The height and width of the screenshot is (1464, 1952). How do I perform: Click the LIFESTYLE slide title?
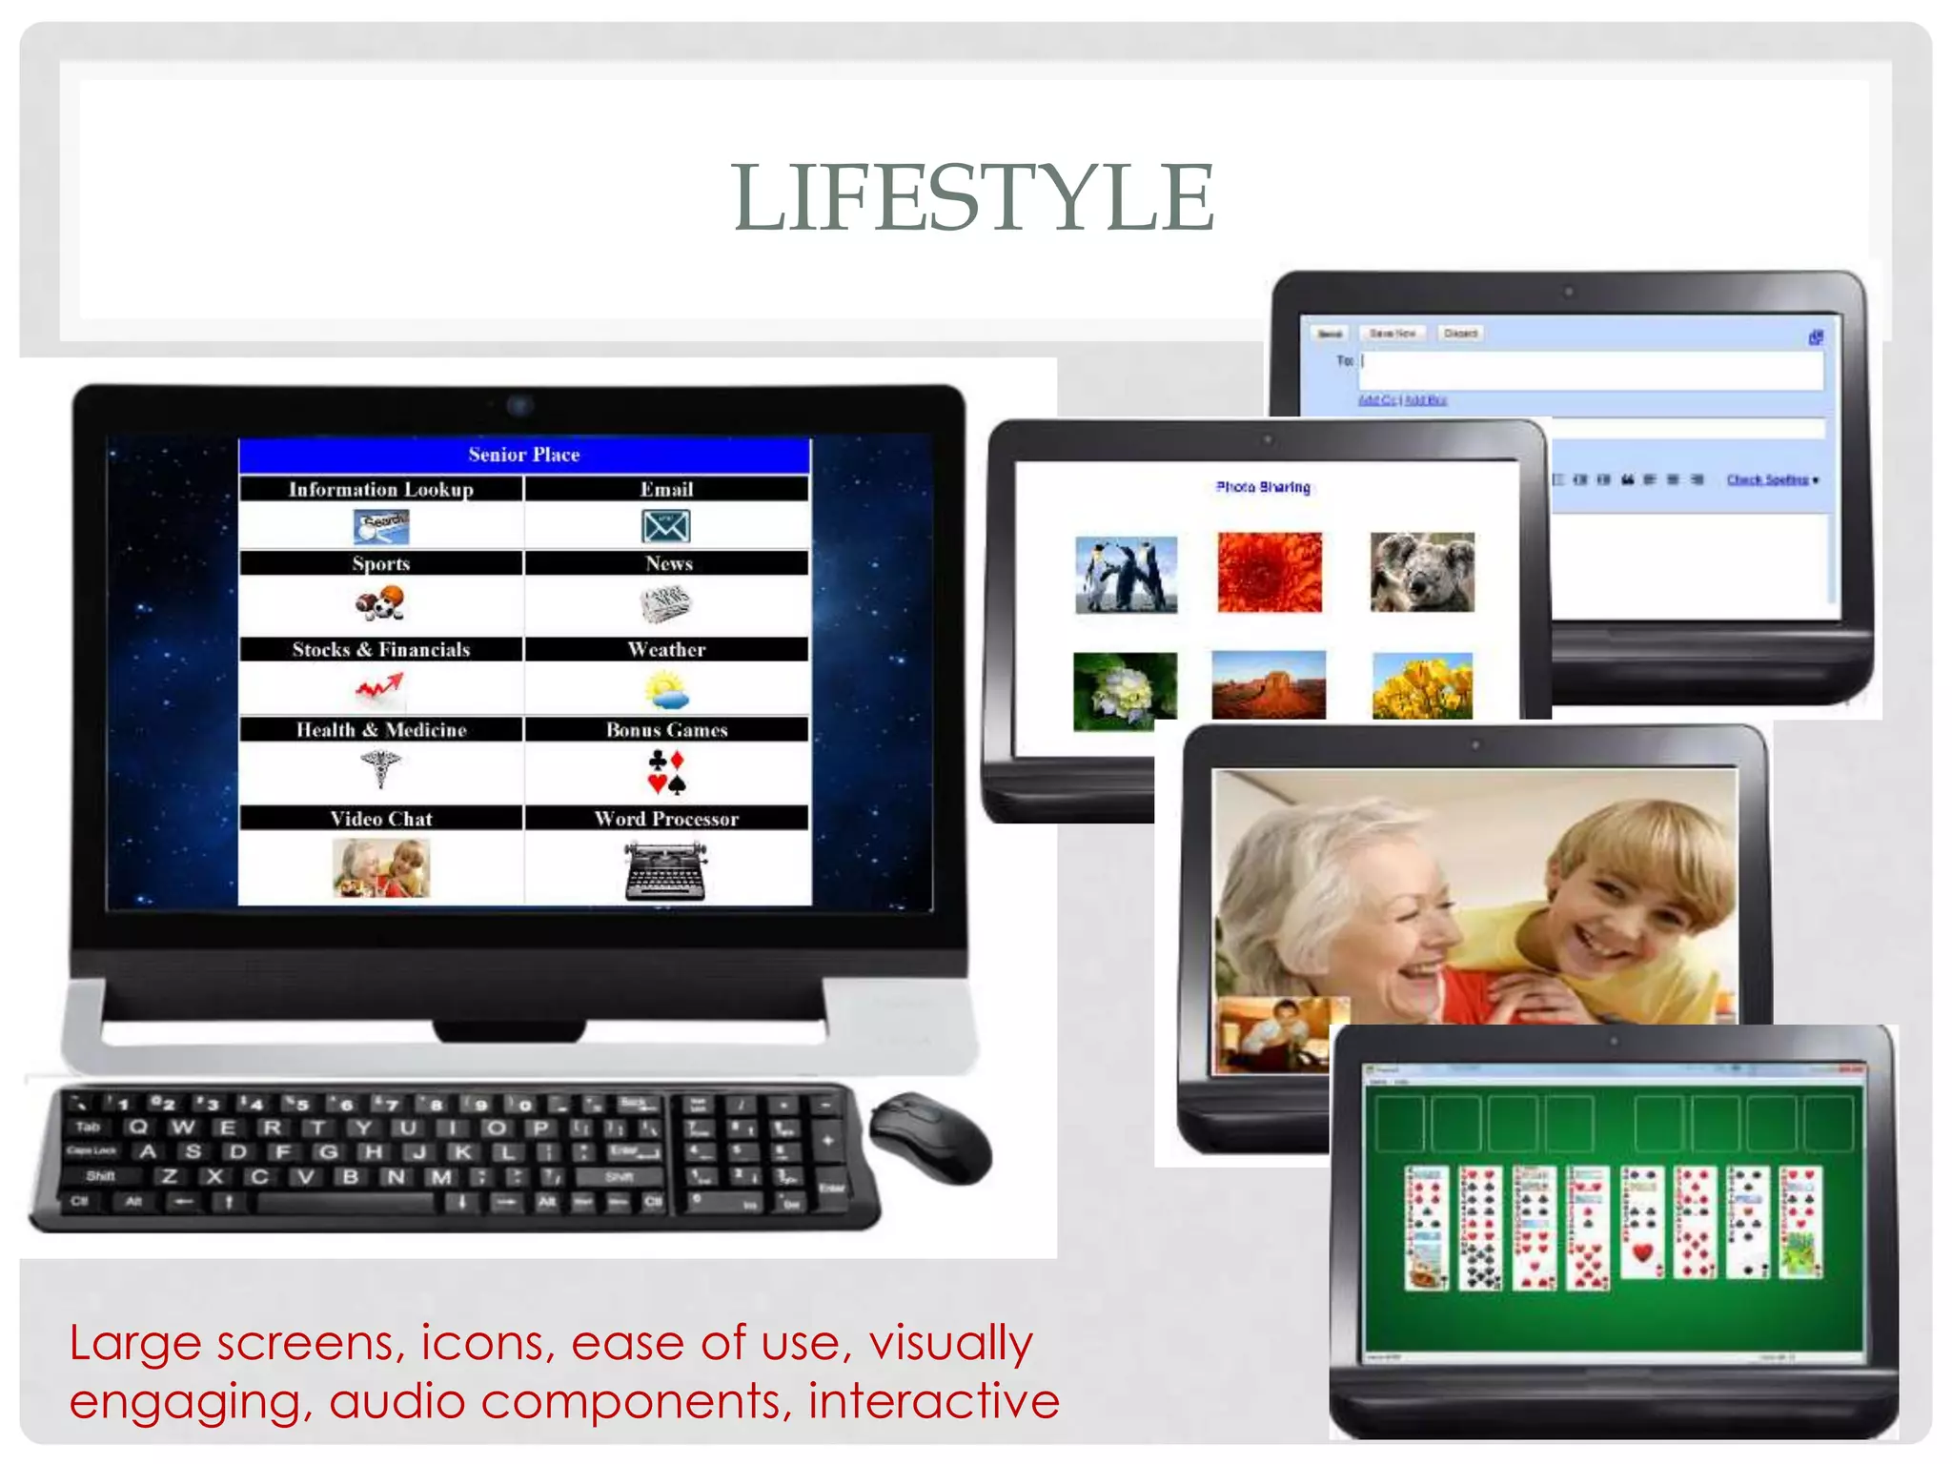coord(973,197)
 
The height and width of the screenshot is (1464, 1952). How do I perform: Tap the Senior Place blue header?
coord(524,455)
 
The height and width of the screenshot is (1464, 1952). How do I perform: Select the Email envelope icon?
coord(665,526)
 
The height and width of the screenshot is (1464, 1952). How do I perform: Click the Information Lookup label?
coord(381,489)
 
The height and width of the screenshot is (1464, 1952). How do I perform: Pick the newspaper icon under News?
coord(665,603)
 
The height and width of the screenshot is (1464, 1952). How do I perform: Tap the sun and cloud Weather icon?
coord(665,689)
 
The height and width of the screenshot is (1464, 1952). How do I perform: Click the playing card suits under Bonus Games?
coord(666,771)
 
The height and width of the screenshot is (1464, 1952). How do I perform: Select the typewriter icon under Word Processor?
coord(665,869)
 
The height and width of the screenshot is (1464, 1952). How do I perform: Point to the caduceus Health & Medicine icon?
coord(380,767)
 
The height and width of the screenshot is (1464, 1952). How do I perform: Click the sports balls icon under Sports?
coord(379,603)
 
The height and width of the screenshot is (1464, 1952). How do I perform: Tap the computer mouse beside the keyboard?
coord(930,1139)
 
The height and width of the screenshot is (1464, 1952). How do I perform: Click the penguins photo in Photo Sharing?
coord(1126,574)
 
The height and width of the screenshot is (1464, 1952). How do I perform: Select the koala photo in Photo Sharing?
coord(1422,572)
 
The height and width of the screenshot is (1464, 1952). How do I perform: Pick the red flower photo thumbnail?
coord(1270,572)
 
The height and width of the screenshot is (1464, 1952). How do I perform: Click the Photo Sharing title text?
coord(1263,487)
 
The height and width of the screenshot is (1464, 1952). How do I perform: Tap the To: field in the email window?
coord(1592,370)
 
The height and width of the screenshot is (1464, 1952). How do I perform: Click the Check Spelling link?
coord(1770,479)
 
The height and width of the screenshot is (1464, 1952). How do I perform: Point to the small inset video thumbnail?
coord(1274,1035)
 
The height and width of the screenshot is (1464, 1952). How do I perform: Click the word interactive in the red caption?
coord(933,1400)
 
